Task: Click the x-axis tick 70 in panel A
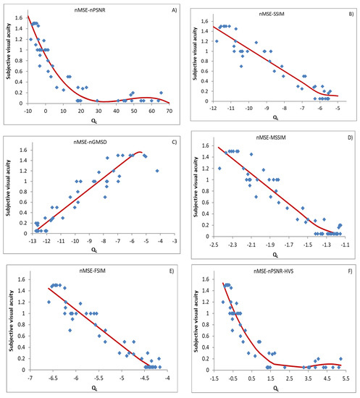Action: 169,111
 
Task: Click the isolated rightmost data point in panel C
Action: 157,171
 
